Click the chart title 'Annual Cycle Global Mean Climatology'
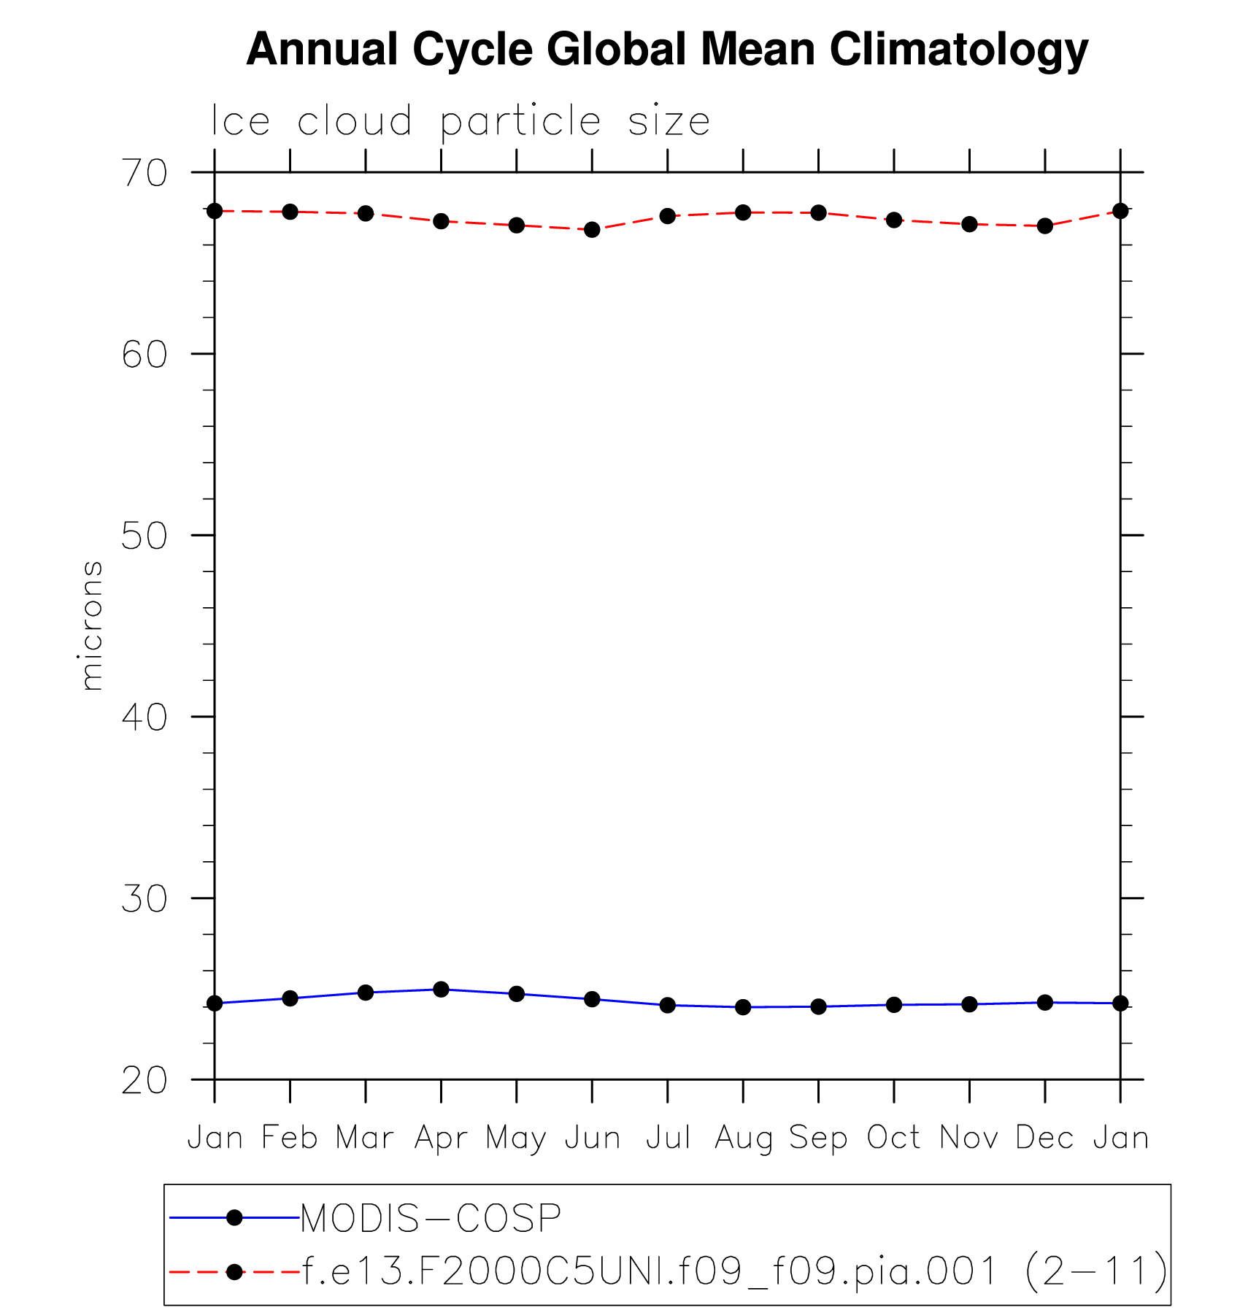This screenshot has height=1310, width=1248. pos(666,50)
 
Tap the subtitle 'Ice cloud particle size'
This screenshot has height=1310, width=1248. pos(460,121)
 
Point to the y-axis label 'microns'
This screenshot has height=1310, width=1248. pos(90,625)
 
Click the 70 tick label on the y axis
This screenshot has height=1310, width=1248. pos(145,173)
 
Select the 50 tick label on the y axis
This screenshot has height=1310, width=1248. pos(145,536)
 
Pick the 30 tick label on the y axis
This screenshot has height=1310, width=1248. pos(145,898)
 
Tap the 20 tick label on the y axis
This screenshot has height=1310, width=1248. pos(145,1080)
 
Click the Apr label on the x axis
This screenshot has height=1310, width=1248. pos(441,1138)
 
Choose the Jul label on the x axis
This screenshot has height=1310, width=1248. pos(668,1138)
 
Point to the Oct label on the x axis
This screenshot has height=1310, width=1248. pos(894,1138)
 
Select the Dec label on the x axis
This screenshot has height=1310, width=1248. pos(1045,1138)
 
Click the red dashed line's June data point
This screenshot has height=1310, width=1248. pos(592,230)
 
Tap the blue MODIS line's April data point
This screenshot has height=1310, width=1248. pos(441,990)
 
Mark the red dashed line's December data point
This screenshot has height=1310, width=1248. pos(1045,226)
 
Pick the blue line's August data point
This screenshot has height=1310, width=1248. pos(743,1007)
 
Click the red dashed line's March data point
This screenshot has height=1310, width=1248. pos(366,214)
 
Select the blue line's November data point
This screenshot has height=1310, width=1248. pos(969,1004)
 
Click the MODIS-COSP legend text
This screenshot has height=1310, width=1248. pos(431,1218)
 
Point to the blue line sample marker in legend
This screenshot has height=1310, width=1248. pos(234,1217)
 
